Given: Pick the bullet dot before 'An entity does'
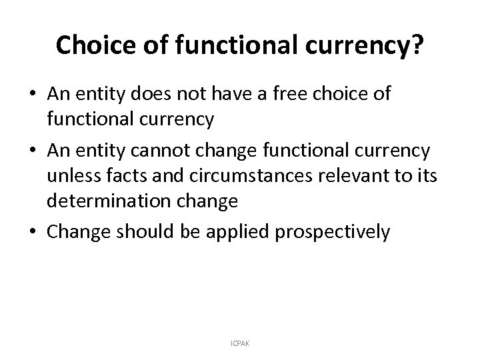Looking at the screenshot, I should pyautogui.click(x=35, y=94).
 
